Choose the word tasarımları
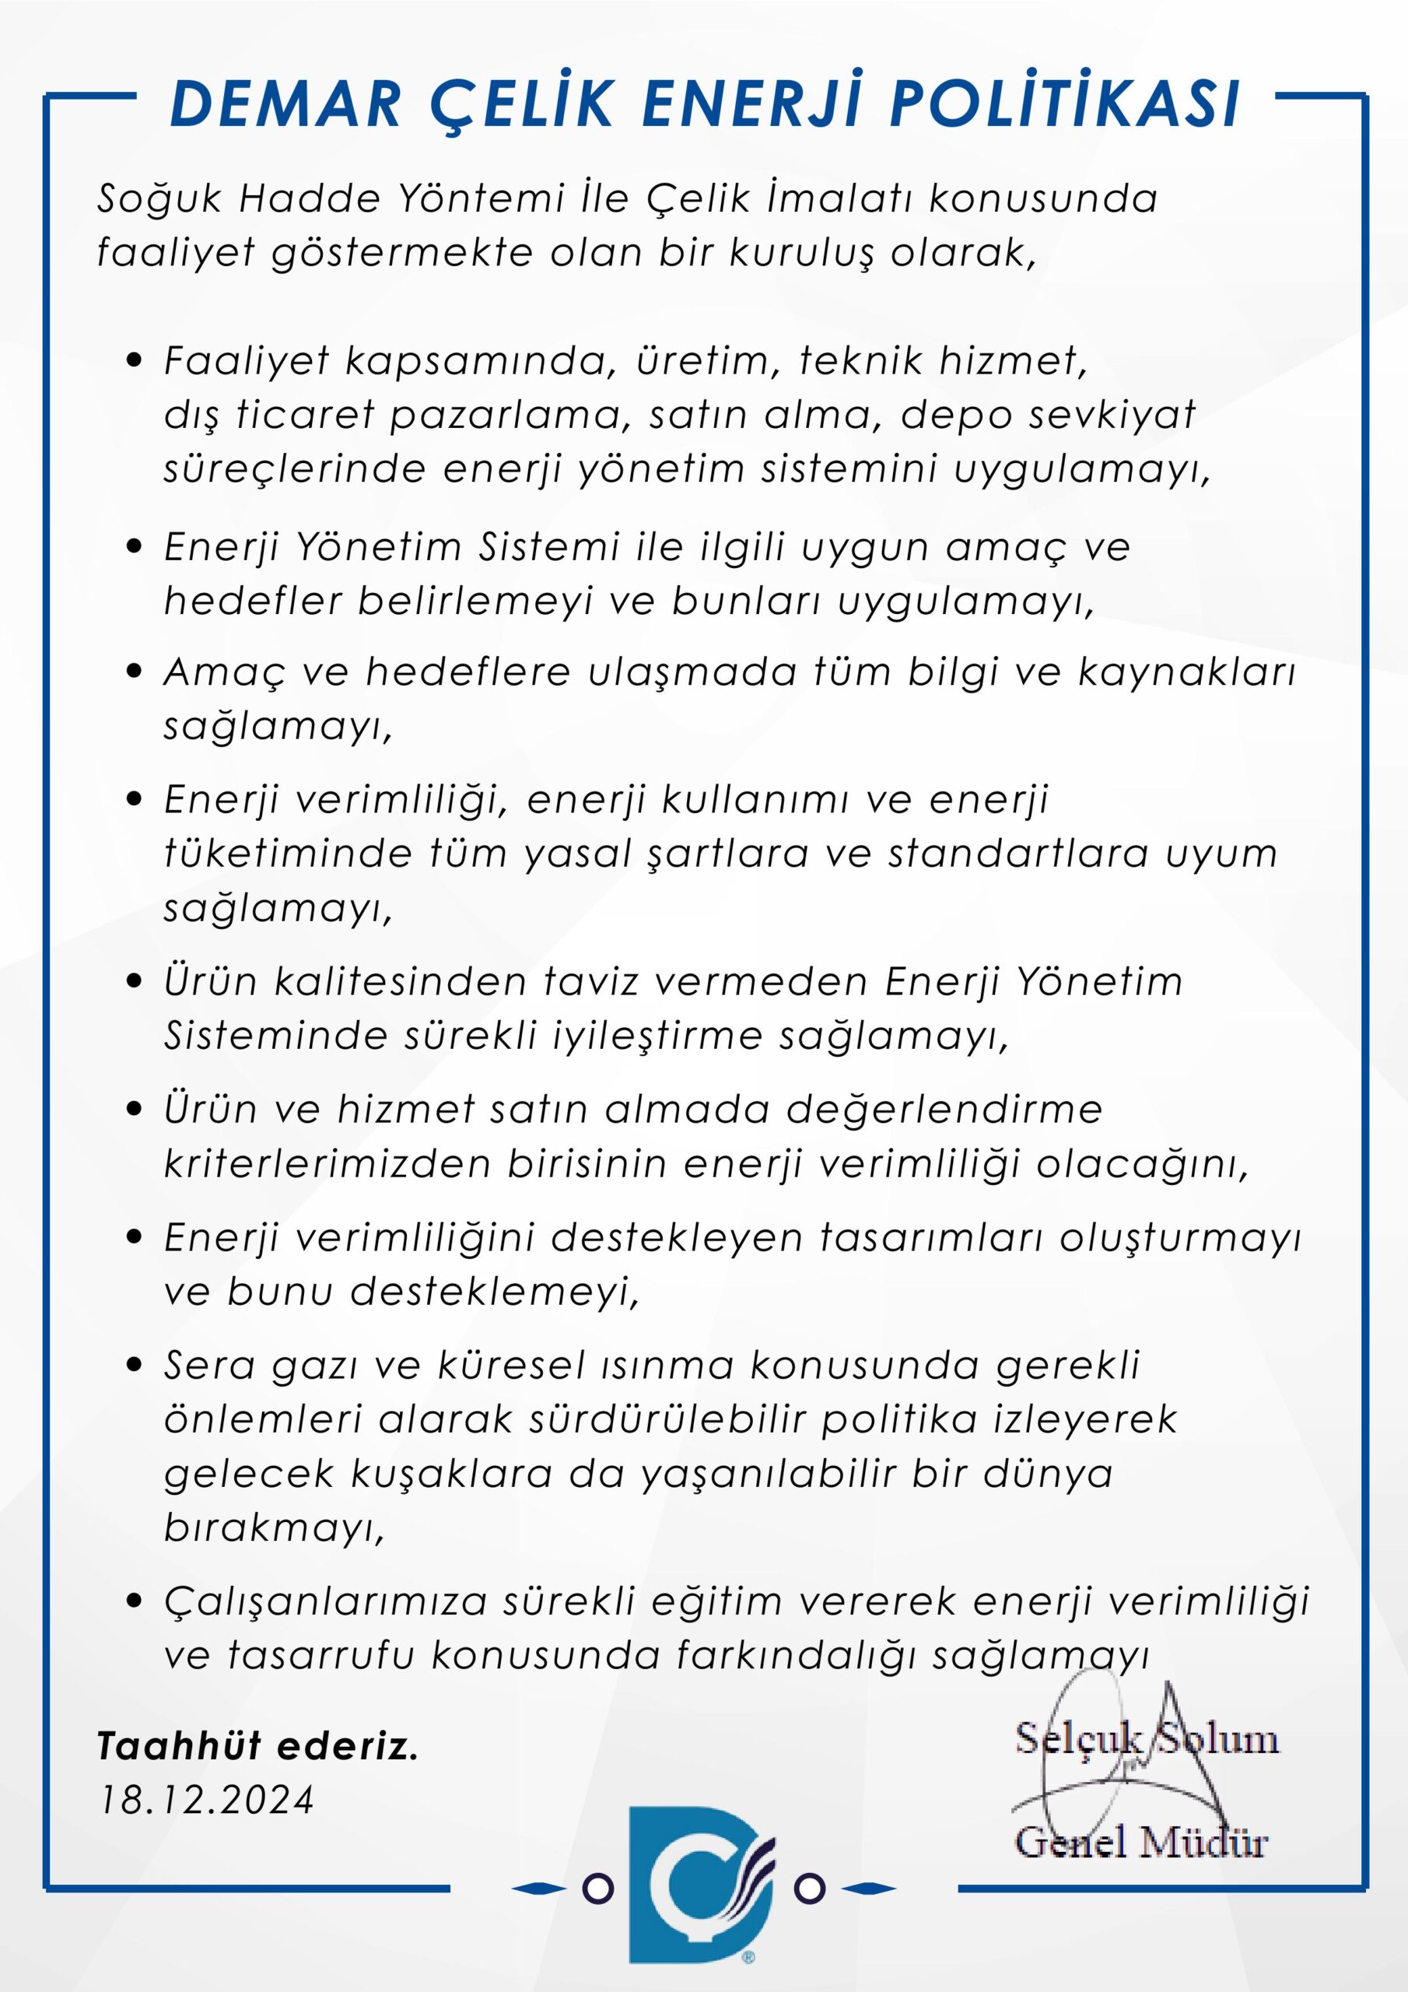(930, 1239)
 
